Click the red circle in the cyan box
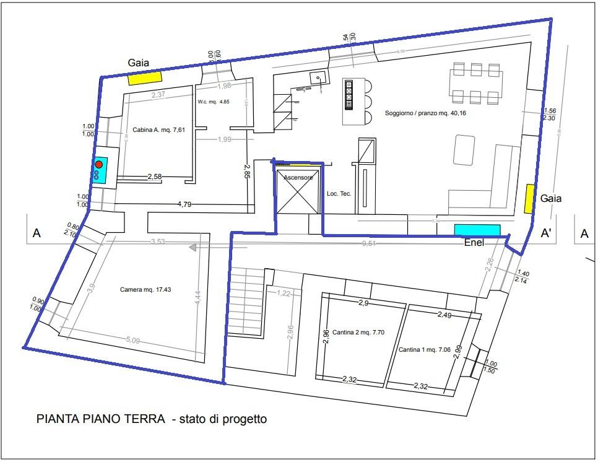click(98, 165)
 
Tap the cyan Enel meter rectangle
click(477, 230)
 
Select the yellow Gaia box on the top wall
click(144, 78)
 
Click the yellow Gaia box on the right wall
click(530, 199)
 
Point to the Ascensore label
click(298, 178)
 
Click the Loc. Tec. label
click(339, 194)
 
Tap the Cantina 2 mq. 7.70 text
click(358, 332)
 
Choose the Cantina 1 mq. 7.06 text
click(425, 350)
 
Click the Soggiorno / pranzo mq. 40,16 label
click(424, 114)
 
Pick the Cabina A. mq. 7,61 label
click(159, 130)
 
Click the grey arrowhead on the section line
click(193, 248)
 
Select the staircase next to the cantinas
click(245, 300)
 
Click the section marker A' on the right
click(547, 233)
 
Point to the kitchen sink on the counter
click(318, 78)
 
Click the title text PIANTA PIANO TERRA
click(100, 419)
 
